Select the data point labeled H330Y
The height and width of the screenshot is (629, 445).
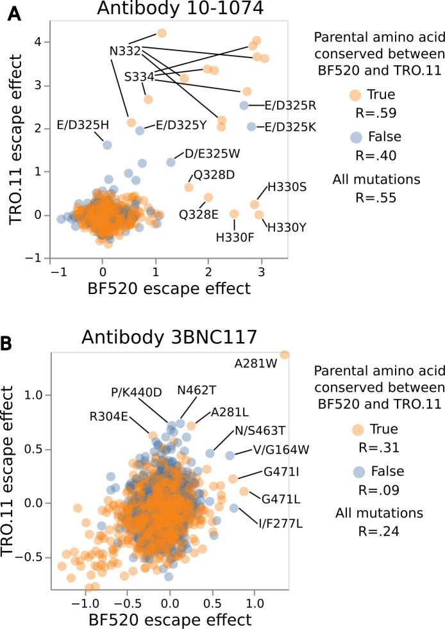pos(259,215)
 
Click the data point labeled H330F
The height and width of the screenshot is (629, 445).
pos(234,214)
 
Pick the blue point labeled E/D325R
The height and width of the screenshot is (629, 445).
pos(244,105)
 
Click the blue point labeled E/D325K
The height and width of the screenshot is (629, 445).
pos(252,127)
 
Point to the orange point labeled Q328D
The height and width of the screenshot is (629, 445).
pos(189,187)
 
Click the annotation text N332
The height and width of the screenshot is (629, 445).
pos(125,50)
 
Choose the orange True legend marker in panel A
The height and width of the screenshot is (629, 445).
pos(354,95)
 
